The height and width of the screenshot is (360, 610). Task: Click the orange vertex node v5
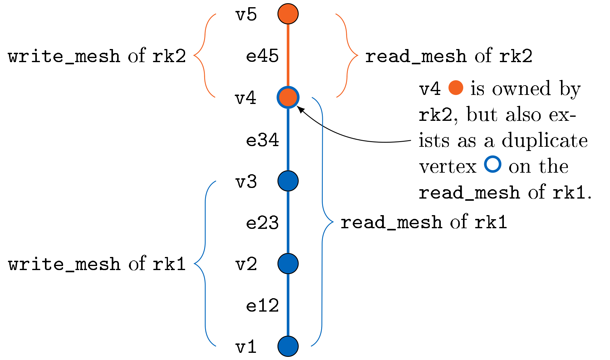tap(288, 14)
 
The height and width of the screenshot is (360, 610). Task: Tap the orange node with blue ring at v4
tap(288, 97)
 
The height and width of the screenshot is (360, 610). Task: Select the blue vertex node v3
tap(288, 181)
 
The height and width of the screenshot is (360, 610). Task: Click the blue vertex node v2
tap(288, 264)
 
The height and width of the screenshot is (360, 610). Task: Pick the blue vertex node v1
tap(288, 346)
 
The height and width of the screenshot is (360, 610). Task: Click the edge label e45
tap(262, 56)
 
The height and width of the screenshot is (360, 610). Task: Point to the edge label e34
tap(262, 140)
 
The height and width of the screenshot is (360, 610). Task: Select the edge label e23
tap(262, 223)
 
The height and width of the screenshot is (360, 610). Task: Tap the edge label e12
tap(262, 305)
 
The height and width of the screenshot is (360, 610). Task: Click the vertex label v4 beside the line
tap(246, 98)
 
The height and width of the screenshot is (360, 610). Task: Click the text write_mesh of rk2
tap(97, 56)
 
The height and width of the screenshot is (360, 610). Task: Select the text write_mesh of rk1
tap(97, 264)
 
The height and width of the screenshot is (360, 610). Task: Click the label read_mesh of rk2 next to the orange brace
tap(449, 56)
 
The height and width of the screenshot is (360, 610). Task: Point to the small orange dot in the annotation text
tap(455, 88)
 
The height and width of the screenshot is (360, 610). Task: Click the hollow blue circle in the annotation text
tap(493, 164)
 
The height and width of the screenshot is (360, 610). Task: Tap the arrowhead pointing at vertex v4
tap(300, 109)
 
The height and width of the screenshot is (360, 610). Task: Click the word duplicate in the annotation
tap(545, 141)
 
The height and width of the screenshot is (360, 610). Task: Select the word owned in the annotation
tap(521, 89)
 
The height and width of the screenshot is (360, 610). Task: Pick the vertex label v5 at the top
tap(246, 15)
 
